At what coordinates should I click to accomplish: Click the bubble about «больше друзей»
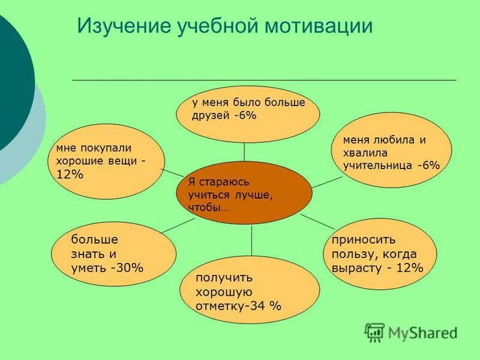pos(247,113)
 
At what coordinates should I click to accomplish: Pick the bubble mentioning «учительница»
pos(390,152)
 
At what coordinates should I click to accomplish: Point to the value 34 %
pos(268,306)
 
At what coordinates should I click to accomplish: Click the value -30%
pos(127,268)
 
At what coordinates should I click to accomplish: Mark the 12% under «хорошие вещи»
pos(70,175)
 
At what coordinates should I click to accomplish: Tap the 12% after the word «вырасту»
pos(409,268)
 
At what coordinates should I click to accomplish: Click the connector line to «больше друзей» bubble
pos(244,152)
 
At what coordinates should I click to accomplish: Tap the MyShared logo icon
pos(374,332)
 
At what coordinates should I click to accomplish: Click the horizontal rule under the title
pos(264,80)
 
